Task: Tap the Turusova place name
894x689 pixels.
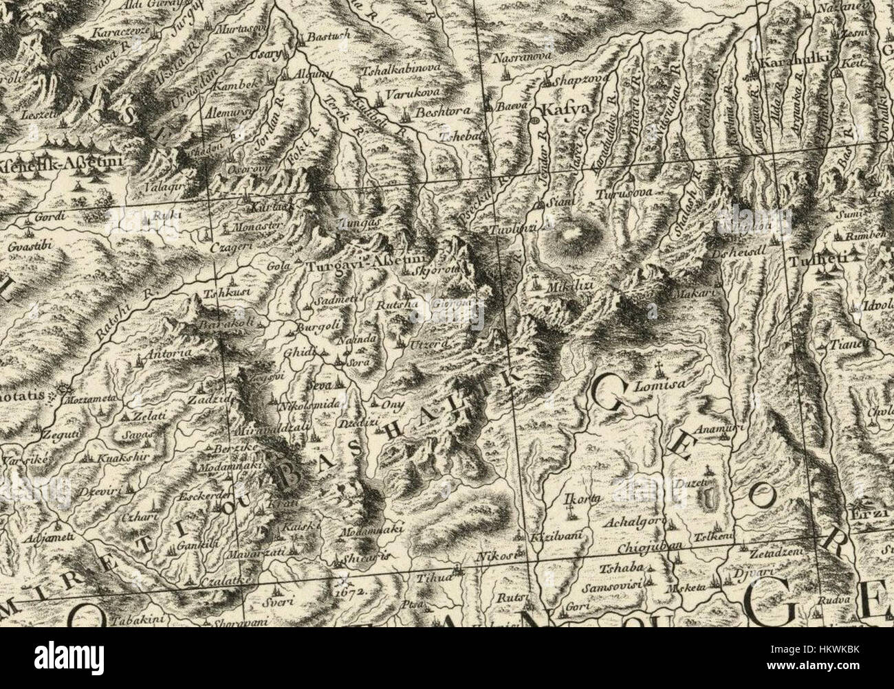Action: pyautogui.click(x=624, y=194)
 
